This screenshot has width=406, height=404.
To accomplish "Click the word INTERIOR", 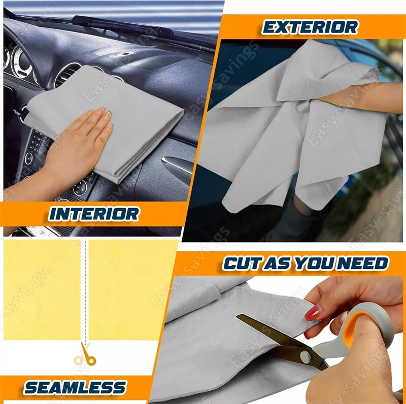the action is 93,214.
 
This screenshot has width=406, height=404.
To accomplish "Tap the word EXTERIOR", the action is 310,27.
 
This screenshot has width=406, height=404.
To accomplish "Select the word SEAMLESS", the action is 75,387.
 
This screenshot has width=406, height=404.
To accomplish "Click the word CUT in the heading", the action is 242,263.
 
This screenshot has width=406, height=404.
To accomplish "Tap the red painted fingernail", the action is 313,313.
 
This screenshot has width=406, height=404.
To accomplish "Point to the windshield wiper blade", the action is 122,26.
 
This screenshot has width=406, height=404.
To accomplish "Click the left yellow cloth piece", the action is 42,289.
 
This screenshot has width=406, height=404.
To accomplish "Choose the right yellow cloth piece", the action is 132,289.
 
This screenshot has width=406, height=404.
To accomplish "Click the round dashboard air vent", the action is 65,75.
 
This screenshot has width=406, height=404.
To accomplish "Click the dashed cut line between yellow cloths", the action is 85,290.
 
